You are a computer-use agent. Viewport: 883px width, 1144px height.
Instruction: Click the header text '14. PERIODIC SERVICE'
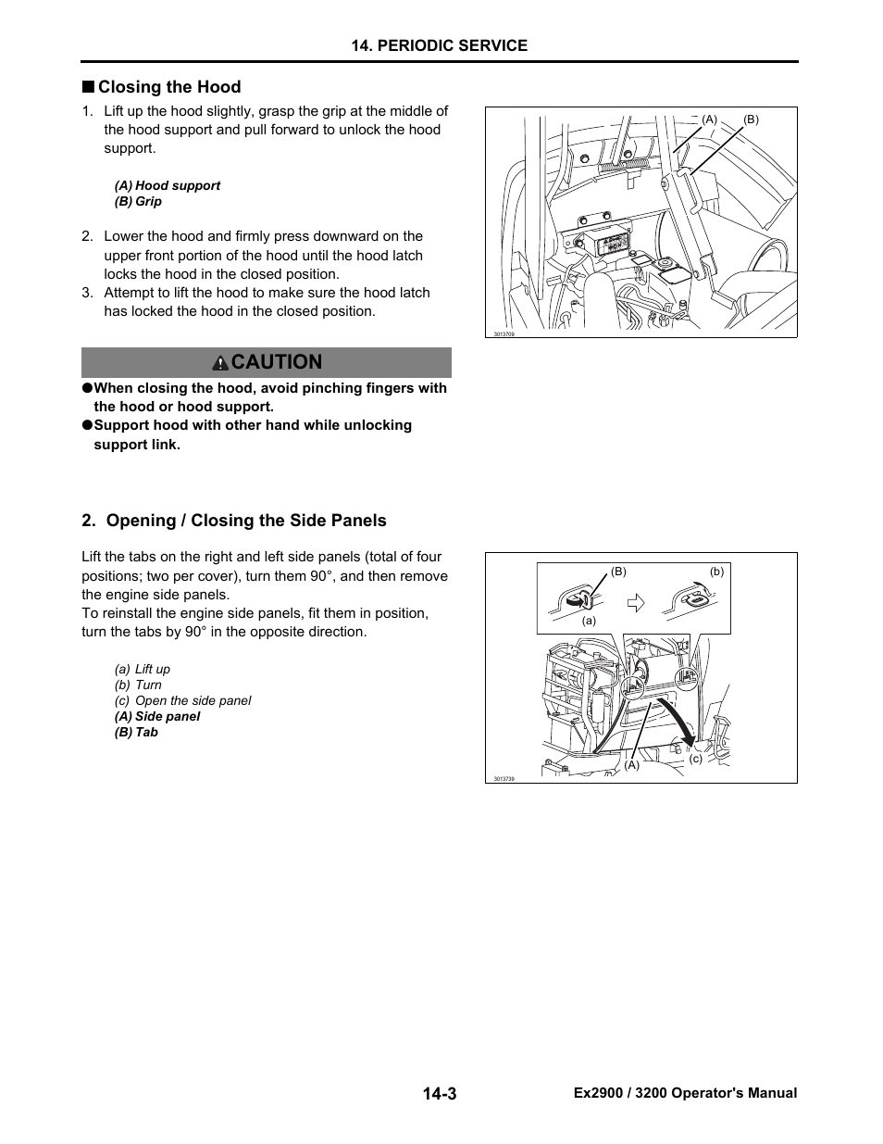click(x=440, y=45)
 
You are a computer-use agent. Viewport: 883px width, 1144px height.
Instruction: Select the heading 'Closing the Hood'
click(x=169, y=87)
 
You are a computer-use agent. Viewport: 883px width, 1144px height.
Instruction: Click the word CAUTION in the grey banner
click(x=278, y=362)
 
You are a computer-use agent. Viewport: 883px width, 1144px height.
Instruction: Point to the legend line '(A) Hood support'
click(x=168, y=185)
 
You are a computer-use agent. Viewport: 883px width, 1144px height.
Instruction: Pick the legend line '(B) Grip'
click(x=138, y=201)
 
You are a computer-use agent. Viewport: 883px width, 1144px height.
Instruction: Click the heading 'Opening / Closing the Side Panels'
click(x=246, y=521)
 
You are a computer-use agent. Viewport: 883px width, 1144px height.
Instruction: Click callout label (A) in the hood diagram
click(x=710, y=119)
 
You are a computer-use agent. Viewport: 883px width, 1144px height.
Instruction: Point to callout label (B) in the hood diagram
click(x=751, y=119)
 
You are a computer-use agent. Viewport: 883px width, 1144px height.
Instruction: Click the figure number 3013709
click(x=504, y=333)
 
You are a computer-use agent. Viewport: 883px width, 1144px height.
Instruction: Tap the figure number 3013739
click(x=504, y=779)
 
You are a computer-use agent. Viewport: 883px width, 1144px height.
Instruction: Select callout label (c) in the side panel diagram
click(x=696, y=759)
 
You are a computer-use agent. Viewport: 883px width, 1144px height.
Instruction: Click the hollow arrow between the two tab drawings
click(x=635, y=603)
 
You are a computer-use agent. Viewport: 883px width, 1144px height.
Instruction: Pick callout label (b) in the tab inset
click(x=716, y=572)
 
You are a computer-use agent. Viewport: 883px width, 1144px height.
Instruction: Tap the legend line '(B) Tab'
click(x=136, y=732)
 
